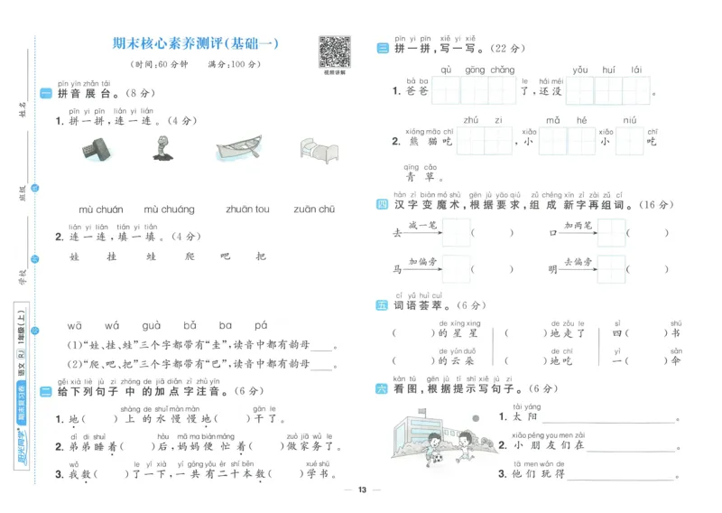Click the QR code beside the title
pyautogui.click(x=334, y=51)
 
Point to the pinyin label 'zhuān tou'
pyautogui.click(x=246, y=210)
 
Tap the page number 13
pyautogui.click(x=362, y=490)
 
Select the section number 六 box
pyautogui.click(x=383, y=389)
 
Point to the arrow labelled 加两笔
pyautogui.click(x=578, y=232)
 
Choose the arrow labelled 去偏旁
pyautogui.click(x=578, y=268)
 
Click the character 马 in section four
pyautogui.click(x=396, y=269)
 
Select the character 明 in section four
pyautogui.click(x=552, y=269)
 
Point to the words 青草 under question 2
pyautogui.click(x=421, y=178)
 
